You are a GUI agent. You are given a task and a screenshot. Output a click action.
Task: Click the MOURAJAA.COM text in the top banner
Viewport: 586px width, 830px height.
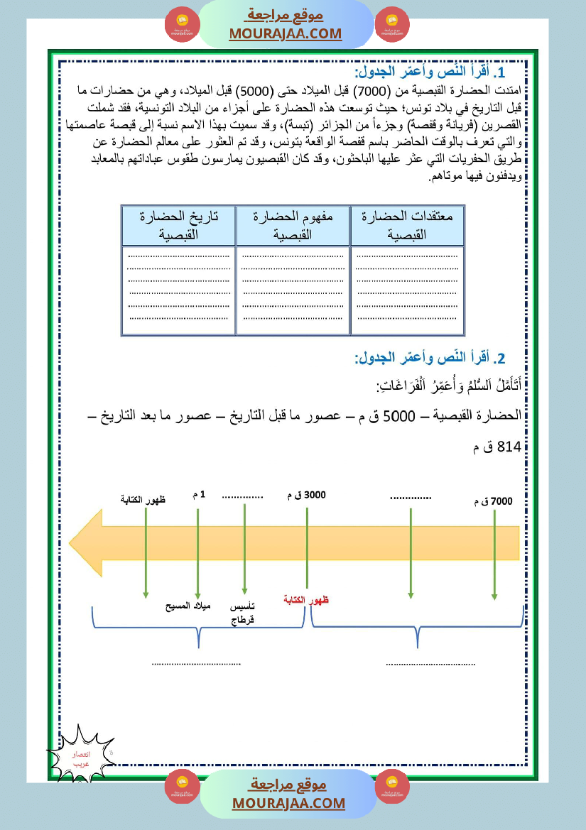(286, 33)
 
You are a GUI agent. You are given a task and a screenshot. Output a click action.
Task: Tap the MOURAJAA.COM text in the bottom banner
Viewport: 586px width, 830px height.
(288, 803)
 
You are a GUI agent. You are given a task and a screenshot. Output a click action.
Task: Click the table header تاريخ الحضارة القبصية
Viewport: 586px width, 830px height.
(178, 225)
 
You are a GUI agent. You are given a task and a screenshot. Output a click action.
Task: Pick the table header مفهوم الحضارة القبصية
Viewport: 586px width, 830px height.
(293, 225)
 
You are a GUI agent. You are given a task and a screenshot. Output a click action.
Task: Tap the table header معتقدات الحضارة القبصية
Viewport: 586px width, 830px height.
(408, 225)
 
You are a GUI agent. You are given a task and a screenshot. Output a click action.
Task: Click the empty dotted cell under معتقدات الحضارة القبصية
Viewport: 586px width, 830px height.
(408, 290)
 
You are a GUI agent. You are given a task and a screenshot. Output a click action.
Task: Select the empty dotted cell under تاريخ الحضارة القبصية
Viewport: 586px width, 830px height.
(178, 290)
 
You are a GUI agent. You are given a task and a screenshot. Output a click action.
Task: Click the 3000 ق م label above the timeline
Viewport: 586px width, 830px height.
(306, 495)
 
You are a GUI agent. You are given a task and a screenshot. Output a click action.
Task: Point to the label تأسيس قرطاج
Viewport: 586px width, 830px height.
(243, 613)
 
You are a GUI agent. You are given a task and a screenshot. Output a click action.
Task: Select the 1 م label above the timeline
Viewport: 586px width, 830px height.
(199, 495)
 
